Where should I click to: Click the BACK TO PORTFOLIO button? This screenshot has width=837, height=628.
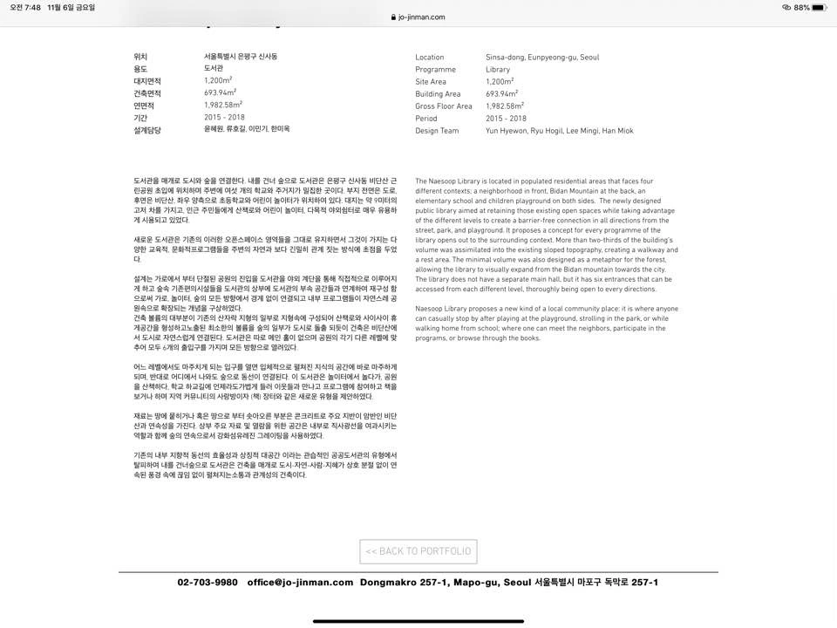pyautogui.click(x=418, y=551)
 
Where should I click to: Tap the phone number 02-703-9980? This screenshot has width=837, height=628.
pyautogui.click(x=208, y=583)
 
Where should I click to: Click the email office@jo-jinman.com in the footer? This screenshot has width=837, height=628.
pyautogui.click(x=300, y=583)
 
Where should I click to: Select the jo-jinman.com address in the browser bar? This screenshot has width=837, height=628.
pyautogui.click(x=421, y=17)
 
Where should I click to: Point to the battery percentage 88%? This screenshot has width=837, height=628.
pyautogui.click(x=802, y=7)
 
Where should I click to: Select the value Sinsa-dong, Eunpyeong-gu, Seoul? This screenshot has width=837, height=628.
pyautogui.click(x=542, y=58)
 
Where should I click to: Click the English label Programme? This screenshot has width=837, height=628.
pyautogui.click(x=435, y=70)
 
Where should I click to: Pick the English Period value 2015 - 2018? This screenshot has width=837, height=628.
pyautogui.click(x=506, y=119)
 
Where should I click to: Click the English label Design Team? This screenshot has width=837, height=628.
pyautogui.click(x=437, y=131)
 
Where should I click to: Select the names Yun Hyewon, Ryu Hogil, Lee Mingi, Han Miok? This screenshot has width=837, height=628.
pyautogui.click(x=560, y=131)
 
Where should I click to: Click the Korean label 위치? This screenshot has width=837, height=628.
pyautogui.click(x=140, y=57)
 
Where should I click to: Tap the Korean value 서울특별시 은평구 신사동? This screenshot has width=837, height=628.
pyautogui.click(x=241, y=57)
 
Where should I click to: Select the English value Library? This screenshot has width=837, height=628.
pyautogui.click(x=498, y=70)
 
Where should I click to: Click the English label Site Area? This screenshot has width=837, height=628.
pyautogui.click(x=431, y=82)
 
